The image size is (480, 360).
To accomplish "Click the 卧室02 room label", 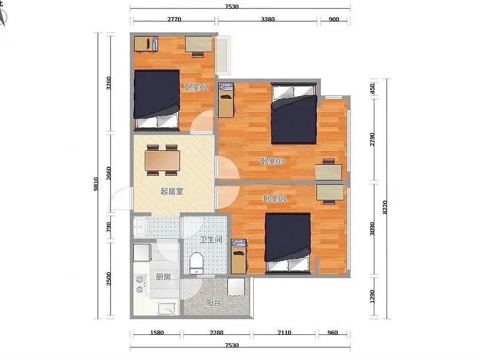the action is point(197,87).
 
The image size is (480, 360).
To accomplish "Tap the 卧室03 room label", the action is point(272,161).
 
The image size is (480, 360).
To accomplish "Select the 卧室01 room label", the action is point(275,199).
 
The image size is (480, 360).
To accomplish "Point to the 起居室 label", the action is point(172,191).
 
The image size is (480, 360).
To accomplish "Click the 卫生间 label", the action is point(211,239).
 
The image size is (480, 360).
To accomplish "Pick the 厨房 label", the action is point(163,277).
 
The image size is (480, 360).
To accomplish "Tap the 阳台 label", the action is point(213,303).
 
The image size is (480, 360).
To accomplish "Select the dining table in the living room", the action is point(163,160).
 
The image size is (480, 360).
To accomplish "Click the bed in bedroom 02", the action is point(157,99).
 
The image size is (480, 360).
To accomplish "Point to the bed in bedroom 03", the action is point(294,113).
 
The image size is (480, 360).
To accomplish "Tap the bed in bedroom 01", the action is point(288,242).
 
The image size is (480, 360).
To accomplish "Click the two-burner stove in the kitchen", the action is point(140,284).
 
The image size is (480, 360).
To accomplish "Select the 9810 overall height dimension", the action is point(96,184).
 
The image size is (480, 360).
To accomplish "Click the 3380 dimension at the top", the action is point(268,19).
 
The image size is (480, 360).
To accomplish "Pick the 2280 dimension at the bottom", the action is point(217,332).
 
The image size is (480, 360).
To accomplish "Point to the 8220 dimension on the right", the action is point(385,207).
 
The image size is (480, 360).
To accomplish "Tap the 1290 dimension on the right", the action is point(372,296).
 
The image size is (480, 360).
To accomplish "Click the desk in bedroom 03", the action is point(329,172).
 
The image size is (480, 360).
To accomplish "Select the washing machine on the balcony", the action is point(236,287).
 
